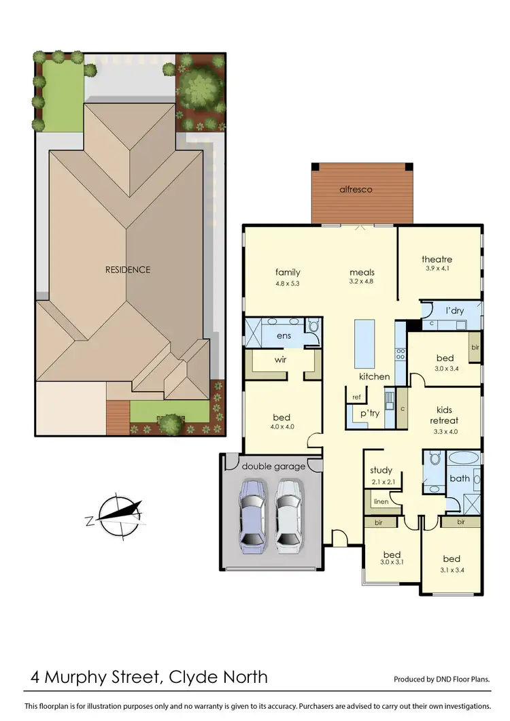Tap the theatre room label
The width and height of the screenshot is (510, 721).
pos(437,259)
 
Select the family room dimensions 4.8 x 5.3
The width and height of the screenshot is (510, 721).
pos(288,282)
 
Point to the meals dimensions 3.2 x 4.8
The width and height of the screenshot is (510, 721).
pos(362,282)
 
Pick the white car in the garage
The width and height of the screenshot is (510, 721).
pos(288,514)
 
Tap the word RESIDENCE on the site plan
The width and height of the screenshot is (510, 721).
pos(128,269)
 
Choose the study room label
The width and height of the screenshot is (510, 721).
pos(381,471)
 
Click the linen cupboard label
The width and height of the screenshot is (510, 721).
pos(381,501)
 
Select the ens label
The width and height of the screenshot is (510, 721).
pos(284,335)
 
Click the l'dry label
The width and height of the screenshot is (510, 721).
pos(454,311)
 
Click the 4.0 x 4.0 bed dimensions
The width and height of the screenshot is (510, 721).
pos(282,428)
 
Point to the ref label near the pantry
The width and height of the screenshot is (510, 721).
pos(356,397)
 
